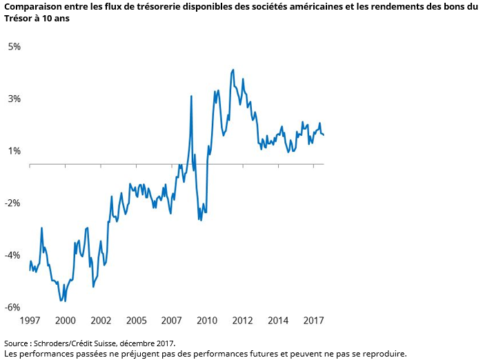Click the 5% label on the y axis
click(14, 47)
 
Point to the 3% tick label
click(14, 99)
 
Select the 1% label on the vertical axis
click(14, 151)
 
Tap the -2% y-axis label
click(13, 203)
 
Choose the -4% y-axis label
click(13, 255)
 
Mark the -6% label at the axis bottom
click(13, 307)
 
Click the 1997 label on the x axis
click(30, 321)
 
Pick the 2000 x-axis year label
click(66, 321)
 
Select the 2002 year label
click(101, 321)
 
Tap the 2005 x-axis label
click(137, 321)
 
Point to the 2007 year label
click(172, 321)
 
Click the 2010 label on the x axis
click(207, 321)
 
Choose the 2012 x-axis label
click(243, 321)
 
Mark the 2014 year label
click(278, 321)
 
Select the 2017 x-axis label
click(313, 321)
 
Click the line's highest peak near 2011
click(233, 70)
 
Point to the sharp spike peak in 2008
click(191, 96)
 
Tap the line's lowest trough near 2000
click(62, 301)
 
